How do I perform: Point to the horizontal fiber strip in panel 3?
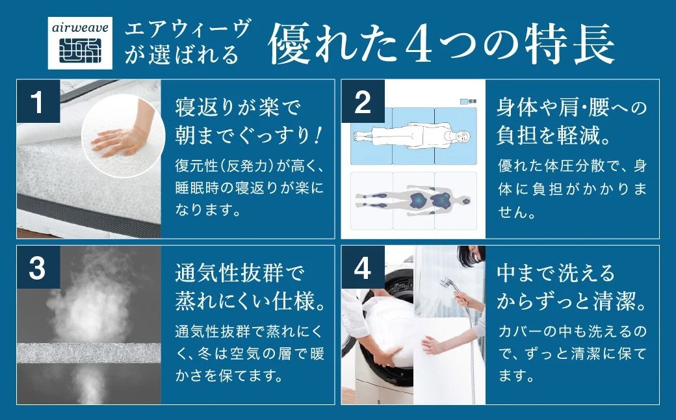click(88, 353)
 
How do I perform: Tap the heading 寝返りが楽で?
click(238, 105)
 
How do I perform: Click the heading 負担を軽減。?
click(552, 135)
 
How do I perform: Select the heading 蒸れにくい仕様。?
click(250, 301)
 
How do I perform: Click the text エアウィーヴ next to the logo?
click(188, 31)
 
